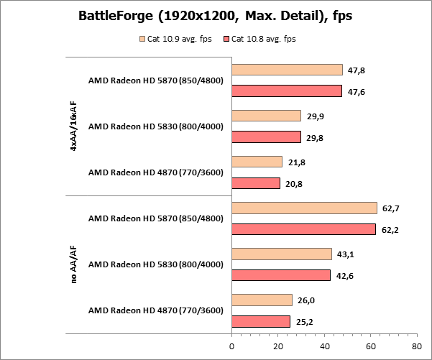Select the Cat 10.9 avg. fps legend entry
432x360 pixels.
click(176, 39)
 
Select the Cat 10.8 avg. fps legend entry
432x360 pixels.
click(260, 39)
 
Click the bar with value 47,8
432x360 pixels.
click(287, 70)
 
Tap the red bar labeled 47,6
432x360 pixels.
click(287, 91)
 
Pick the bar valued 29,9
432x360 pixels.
click(266, 116)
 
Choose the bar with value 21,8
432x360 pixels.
click(257, 162)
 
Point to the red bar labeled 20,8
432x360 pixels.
click(255, 183)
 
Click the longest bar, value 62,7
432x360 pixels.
click(304, 208)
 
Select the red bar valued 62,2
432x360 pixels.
click(303, 229)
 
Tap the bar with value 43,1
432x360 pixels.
click(281, 254)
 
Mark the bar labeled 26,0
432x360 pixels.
click(262, 300)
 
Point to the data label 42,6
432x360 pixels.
click(347, 275)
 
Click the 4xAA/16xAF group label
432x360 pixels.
click(74, 126)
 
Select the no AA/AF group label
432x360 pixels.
click(74, 264)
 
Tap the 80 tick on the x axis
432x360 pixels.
click(416, 346)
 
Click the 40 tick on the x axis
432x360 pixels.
click(324, 346)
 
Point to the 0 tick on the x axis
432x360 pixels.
click(231, 346)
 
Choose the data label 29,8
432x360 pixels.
click(317, 137)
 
